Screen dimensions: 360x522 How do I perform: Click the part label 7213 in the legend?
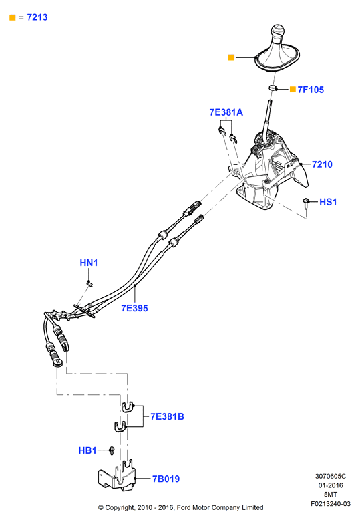[x=37, y=17]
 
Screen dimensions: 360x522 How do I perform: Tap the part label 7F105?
[x=311, y=90]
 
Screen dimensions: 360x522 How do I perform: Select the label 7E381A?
[x=226, y=112]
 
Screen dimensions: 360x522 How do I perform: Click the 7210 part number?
[x=322, y=164]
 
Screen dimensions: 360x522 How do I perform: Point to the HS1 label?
[x=328, y=202]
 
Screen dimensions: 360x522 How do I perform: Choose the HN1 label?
[x=89, y=263]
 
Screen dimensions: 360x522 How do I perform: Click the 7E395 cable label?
[x=134, y=308]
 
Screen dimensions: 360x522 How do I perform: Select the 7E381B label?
[x=167, y=416]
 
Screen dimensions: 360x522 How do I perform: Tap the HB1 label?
[x=87, y=450]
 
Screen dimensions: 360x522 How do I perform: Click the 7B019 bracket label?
[x=166, y=479]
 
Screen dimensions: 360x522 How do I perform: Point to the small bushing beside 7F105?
[x=273, y=88]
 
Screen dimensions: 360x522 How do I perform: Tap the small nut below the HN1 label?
[x=89, y=283]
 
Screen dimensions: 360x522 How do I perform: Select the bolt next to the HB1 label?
[x=112, y=450]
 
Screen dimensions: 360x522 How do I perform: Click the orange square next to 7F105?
[x=293, y=89]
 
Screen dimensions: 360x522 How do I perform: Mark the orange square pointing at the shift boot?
[x=231, y=57]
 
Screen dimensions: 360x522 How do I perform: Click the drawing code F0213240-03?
[x=331, y=504]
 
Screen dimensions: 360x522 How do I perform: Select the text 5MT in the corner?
[x=331, y=495]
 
